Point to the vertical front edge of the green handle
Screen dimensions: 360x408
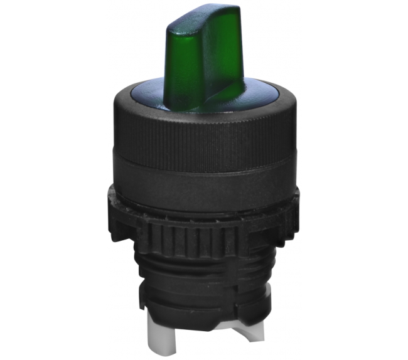pyautogui.click(x=202, y=69)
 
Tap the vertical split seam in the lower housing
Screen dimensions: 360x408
pyautogui.click(x=242, y=282)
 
